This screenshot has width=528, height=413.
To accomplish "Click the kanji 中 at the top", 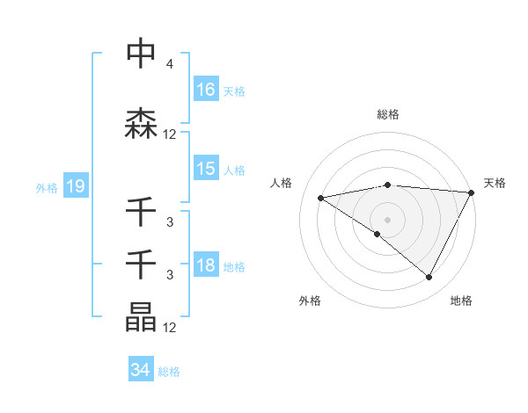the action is click(142, 54).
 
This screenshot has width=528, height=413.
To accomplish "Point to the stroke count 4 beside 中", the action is click(169, 64).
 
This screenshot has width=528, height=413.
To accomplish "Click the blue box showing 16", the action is click(206, 90).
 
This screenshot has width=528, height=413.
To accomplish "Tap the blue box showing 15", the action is click(206, 169).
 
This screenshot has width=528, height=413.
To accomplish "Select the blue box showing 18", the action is click(206, 266).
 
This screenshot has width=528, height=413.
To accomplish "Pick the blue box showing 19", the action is click(75, 186).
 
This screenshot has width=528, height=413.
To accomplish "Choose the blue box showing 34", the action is click(141, 370).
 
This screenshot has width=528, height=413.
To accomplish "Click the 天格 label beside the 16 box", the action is click(233, 91).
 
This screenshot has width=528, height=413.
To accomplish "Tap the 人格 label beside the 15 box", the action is click(233, 170).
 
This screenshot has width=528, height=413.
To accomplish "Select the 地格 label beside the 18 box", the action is click(233, 267).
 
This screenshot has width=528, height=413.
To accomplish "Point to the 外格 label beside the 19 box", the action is click(47, 187).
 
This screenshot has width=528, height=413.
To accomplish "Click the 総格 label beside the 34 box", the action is click(169, 371).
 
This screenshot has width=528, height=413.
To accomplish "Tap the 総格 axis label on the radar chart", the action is click(387, 114).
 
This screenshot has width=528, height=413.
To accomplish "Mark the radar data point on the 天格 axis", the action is click(472, 192).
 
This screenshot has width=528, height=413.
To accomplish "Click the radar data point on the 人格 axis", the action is click(321, 198).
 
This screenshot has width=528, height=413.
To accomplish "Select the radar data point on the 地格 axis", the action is click(429, 278).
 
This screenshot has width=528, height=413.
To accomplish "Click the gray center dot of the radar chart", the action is click(387, 219).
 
